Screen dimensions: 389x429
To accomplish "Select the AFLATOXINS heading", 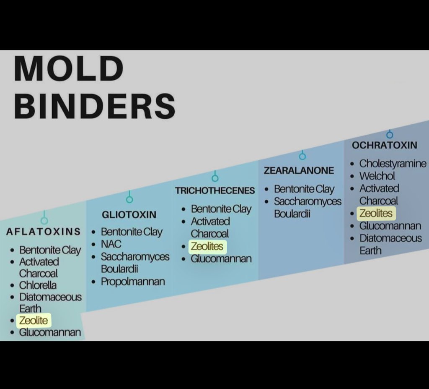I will (43, 232).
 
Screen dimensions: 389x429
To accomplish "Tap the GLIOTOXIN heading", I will (129, 214).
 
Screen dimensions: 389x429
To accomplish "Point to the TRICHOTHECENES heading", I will (215, 191).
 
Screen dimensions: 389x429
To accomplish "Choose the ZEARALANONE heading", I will (299, 170).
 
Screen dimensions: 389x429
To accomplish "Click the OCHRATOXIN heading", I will (385, 145).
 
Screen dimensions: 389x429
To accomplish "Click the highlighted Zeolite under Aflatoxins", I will (34, 321).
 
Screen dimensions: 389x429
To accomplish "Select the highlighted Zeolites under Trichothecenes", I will (207, 246).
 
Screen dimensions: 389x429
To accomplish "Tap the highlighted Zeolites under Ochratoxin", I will (376, 213).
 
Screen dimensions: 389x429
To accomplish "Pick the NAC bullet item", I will (111, 244).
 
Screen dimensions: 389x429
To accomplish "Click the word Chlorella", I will (38, 285).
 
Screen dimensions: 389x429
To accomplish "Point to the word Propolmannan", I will (133, 281).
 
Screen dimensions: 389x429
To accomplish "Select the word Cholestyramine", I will (393, 163).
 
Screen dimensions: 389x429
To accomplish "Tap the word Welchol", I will (377, 176).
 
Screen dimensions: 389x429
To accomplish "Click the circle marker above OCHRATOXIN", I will (390, 135).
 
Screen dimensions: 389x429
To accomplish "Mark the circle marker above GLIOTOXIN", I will (129, 199).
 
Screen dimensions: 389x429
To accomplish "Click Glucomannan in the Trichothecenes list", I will (221, 258).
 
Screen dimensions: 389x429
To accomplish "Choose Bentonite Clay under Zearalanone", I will (304, 189).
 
